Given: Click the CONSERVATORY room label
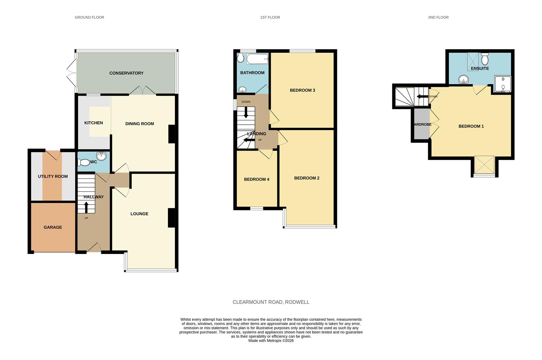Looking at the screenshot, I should click(x=126, y=73).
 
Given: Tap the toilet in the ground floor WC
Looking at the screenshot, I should click(x=84, y=162).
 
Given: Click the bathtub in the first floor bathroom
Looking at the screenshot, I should click(x=257, y=59).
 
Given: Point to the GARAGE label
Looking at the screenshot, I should click(x=53, y=227).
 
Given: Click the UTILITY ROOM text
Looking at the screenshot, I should click(x=53, y=176).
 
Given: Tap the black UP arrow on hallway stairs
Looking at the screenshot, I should click(x=86, y=207).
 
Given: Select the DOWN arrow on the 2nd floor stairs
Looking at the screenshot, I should click(x=422, y=97).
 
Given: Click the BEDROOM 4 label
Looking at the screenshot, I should click(x=257, y=179).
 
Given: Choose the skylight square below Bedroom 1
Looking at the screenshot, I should click(x=484, y=165).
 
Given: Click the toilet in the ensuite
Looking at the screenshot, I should click(x=485, y=59).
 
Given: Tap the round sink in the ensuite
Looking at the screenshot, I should click(x=463, y=79).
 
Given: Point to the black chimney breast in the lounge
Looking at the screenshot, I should click(x=171, y=218).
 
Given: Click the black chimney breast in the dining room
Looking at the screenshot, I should click(x=172, y=134).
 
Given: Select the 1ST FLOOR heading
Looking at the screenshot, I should click(x=270, y=17).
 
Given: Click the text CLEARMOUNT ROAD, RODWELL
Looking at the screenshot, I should click(x=271, y=302).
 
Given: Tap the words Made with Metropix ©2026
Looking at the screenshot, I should click(x=271, y=341).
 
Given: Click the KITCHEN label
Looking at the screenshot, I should click(x=94, y=123).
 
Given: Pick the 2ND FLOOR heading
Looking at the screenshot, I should click(x=438, y=17).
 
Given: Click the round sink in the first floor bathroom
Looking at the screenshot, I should click(x=243, y=89).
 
